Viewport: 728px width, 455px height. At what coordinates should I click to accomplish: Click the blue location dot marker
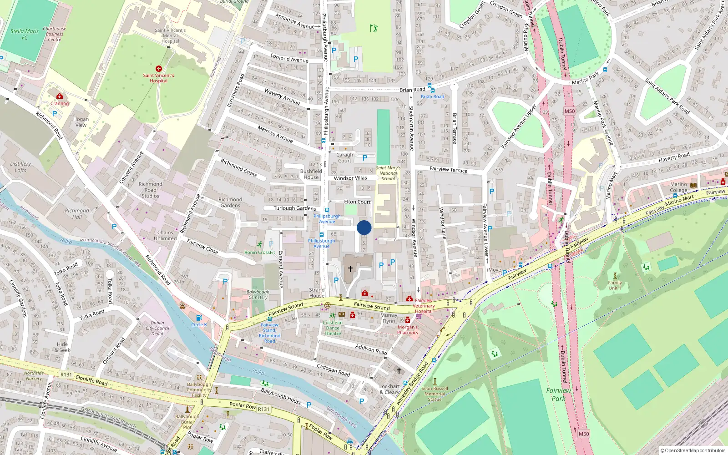(x=364, y=227)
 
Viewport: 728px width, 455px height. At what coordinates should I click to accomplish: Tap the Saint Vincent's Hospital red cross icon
(x=158, y=69)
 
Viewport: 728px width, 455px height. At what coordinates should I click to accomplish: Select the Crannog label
(x=60, y=103)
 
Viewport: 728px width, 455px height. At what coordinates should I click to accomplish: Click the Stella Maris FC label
(x=25, y=34)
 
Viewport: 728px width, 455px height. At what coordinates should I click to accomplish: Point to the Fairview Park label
(x=558, y=394)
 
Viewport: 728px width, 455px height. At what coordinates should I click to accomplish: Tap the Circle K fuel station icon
(x=198, y=318)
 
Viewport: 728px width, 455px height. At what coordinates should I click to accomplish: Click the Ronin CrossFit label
(x=259, y=252)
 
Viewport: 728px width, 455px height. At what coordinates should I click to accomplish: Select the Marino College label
(x=678, y=187)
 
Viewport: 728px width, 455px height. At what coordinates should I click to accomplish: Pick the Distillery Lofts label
(x=20, y=167)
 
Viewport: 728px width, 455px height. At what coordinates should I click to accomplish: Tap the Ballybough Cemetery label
(x=258, y=294)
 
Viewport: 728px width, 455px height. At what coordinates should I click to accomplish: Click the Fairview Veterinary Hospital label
(x=424, y=306)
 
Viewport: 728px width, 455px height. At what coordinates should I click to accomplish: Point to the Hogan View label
(x=81, y=122)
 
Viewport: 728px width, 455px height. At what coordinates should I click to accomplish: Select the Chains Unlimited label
(x=165, y=235)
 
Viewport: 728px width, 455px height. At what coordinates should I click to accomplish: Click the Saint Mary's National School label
(x=388, y=173)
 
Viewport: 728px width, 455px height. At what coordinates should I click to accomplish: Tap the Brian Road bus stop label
(x=432, y=96)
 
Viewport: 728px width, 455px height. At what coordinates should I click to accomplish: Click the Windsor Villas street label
(x=350, y=178)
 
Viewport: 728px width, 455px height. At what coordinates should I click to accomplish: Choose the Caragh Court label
(x=344, y=157)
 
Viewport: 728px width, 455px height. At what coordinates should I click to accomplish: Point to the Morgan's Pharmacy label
(x=408, y=329)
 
